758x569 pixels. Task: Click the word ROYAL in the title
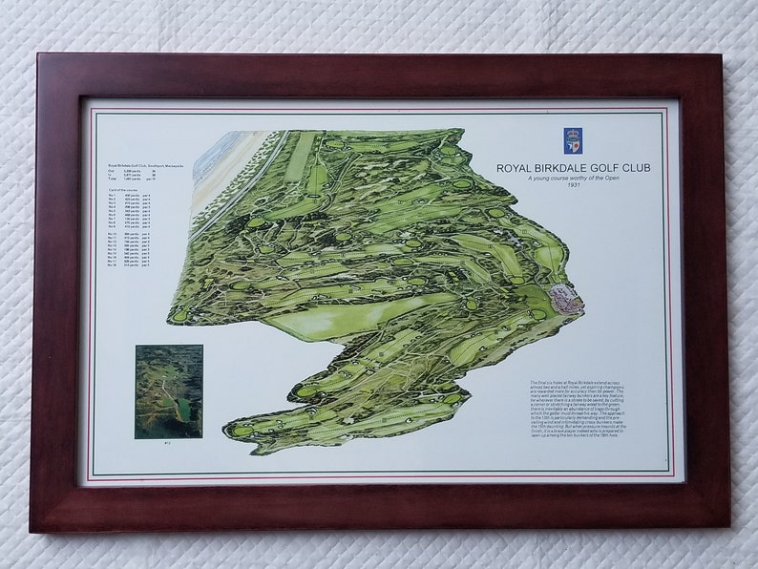(x=515, y=168)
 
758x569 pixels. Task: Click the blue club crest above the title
(x=574, y=140)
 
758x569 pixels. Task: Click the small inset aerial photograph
(x=169, y=390)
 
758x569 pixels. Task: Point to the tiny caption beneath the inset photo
(x=169, y=444)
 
